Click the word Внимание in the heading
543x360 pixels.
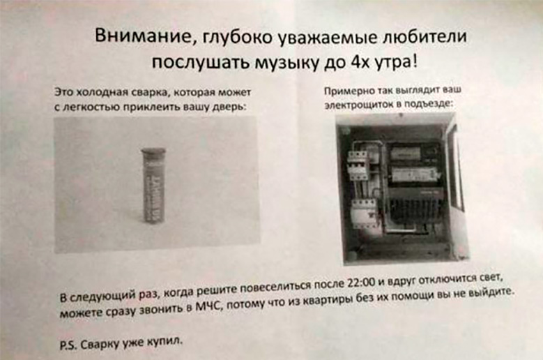(142, 37)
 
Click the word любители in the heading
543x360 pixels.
(424, 36)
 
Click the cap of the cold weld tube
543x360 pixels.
(153, 153)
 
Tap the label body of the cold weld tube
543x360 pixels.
(153, 190)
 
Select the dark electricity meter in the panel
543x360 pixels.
(415, 207)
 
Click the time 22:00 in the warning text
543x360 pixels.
(361, 283)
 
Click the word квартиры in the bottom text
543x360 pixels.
(323, 300)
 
